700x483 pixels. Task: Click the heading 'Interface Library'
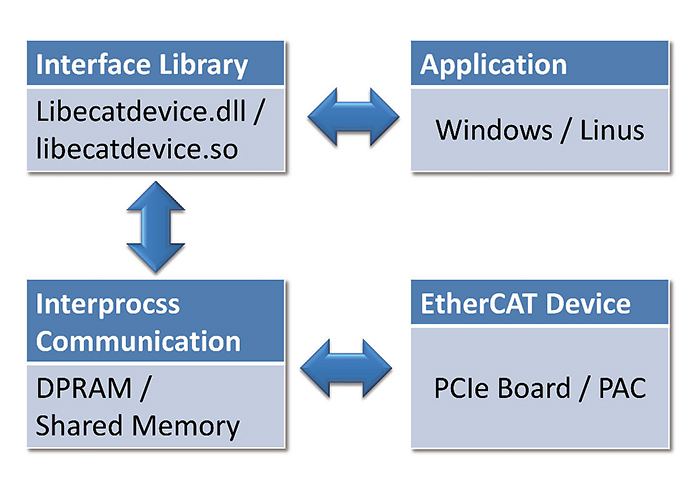click(x=141, y=65)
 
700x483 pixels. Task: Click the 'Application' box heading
click(x=493, y=65)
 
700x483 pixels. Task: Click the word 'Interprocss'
click(x=109, y=303)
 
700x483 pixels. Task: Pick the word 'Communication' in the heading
click(x=139, y=341)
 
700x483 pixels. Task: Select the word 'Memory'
click(x=188, y=425)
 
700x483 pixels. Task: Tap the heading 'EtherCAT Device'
click(x=525, y=303)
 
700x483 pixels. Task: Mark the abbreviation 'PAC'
click(x=622, y=387)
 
